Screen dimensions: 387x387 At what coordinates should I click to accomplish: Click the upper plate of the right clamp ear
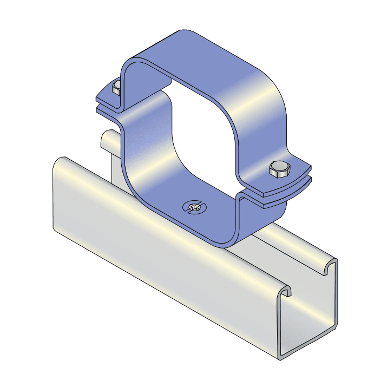pos(295,176)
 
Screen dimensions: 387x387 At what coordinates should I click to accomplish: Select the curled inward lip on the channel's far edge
pos(331,266)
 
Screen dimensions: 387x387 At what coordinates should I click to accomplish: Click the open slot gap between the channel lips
pos(309,279)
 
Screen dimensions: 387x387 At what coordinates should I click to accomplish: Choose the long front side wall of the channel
pos(162,260)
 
